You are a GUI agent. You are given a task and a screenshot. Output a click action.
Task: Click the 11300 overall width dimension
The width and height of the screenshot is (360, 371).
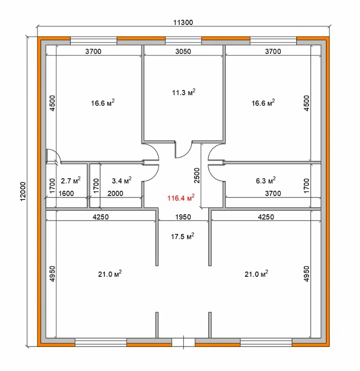(x=183, y=23)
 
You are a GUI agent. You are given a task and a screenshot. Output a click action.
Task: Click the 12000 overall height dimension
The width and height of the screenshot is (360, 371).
(x=23, y=191)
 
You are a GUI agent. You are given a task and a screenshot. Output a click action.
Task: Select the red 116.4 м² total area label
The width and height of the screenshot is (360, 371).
(x=181, y=198)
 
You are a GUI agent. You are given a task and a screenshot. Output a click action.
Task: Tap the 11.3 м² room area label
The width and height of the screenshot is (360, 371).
(x=184, y=92)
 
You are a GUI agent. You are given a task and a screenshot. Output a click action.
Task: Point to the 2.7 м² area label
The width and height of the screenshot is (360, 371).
(x=71, y=181)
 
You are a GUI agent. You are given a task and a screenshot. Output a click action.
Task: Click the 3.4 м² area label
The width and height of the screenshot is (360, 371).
(x=121, y=181)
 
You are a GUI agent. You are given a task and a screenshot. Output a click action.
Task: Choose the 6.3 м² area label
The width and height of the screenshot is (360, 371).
(x=266, y=181)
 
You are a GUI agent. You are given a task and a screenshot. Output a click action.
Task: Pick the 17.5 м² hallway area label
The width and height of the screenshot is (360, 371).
(x=182, y=236)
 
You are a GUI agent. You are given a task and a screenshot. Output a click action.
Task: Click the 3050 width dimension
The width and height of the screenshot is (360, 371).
(x=183, y=51)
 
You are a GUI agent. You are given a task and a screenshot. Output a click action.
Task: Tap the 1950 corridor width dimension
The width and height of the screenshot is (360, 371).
(x=183, y=217)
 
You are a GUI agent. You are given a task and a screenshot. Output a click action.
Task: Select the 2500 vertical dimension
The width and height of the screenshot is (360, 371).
(x=197, y=175)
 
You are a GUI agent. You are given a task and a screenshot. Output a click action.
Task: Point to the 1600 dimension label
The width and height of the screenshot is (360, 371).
(x=66, y=194)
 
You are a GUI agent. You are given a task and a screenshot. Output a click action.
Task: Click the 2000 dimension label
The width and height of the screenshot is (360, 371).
(x=115, y=194)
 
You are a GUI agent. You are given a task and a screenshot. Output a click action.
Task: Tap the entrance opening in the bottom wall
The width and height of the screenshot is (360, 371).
(x=183, y=342)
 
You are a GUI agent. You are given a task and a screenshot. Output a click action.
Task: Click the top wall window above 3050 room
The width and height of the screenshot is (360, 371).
(x=183, y=41)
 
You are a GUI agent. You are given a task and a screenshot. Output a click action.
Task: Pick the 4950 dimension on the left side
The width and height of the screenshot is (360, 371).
(x=52, y=274)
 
